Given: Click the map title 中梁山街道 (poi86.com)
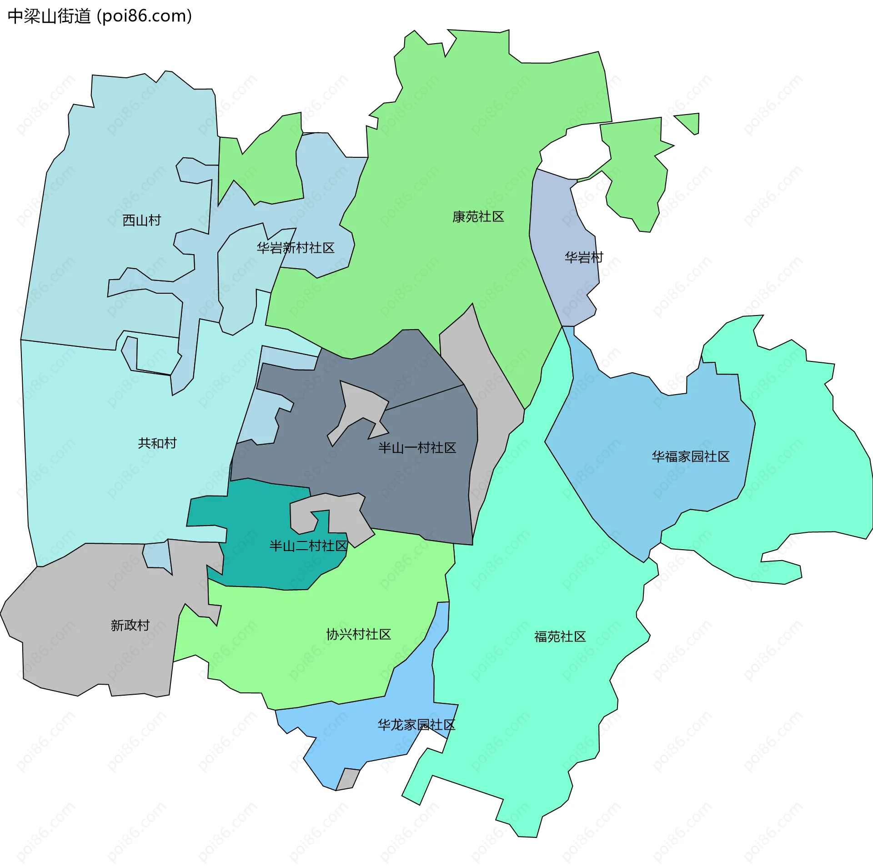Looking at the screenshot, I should pyautogui.click(x=100, y=16).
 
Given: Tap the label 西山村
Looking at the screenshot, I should pyautogui.click(x=142, y=221).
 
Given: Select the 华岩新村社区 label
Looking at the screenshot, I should pyautogui.click(x=296, y=248).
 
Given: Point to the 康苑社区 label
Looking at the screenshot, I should pyautogui.click(x=478, y=217).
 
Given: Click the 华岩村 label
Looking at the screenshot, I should pyautogui.click(x=584, y=258).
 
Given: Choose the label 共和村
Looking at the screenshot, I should pyautogui.click(x=157, y=443).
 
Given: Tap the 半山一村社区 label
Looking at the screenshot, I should pyautogui.click(x=417, y=448).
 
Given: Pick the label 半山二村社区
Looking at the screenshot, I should pyautogui.click(x=308, y=546).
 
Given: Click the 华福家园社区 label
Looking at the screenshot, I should pyautogui.click(x=691, y=456).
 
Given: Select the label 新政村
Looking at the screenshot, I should pyautogui.click(x=130, y=626).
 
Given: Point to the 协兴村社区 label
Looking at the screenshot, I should pyautogui.click(x=359, y=634).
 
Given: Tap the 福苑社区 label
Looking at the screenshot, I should pyautogui.click(x=560, y=636).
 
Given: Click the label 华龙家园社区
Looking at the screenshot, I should pyautogui.click(x=416, y=725).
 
